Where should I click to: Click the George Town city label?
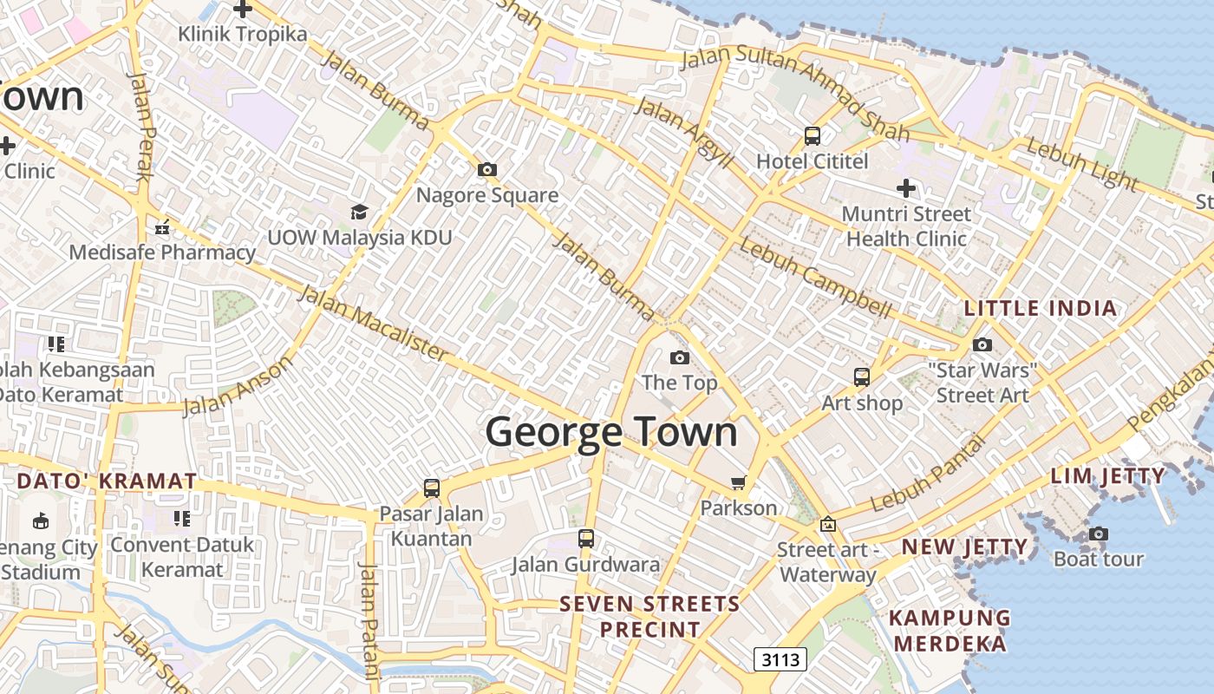611,432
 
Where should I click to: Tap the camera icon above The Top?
680,357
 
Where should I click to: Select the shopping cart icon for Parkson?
738,482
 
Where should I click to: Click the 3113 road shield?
780,659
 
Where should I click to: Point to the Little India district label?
1041,308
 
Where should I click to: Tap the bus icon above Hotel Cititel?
813,136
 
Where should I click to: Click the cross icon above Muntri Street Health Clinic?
906,187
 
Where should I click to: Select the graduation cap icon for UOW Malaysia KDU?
359,212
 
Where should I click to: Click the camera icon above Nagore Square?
487,169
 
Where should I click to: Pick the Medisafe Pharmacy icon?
162,228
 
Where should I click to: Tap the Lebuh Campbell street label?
815,278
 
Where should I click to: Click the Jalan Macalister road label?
374,322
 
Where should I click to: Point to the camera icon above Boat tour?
1099,534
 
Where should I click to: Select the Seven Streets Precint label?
649,616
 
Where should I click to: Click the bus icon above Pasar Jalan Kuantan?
432,488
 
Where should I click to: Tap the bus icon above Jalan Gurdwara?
586,539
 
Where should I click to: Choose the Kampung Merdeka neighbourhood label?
950,631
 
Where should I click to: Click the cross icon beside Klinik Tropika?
243,10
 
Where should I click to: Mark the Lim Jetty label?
1108,475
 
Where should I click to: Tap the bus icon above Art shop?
862,377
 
